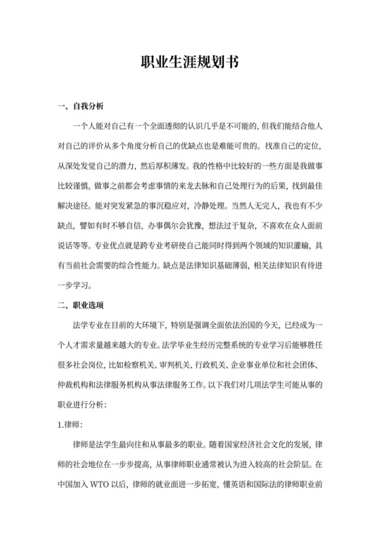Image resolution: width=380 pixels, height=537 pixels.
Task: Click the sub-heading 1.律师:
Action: pos(70,424)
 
